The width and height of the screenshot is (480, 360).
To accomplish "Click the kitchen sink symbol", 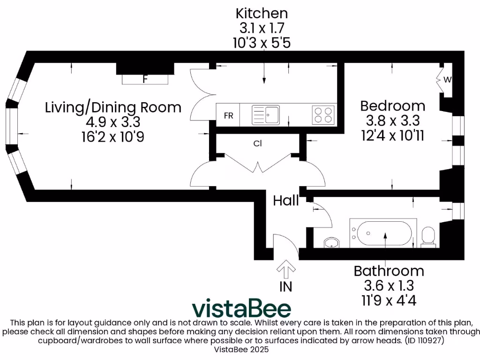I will click(x=265, y=114).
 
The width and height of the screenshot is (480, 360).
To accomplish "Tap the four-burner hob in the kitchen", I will click(x=323, y=115).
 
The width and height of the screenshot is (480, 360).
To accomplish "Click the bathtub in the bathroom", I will click(x=384, y=233).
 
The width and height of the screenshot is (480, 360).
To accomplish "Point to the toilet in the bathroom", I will click(x=428, y=236).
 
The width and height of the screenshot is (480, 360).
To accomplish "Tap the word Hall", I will click(x=286, y=201).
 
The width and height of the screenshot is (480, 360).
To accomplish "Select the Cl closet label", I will click(x=257, y=144).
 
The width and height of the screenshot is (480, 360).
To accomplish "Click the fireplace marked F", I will click(x=145, y=79).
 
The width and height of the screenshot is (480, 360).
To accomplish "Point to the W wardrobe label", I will click(x=447, y=80).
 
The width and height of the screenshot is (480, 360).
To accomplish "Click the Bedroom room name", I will click(x=392, y=105).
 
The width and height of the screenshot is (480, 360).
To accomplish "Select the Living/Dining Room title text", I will click(x=113, y=107).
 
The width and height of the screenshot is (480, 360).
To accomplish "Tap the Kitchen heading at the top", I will click(x=262, y=13).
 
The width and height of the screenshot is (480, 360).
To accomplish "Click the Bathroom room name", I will click(x=389, y=271).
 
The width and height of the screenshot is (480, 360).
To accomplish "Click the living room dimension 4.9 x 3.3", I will click(x=113, y=122).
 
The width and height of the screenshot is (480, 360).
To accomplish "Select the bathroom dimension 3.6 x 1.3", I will click(x=389, y=285).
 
